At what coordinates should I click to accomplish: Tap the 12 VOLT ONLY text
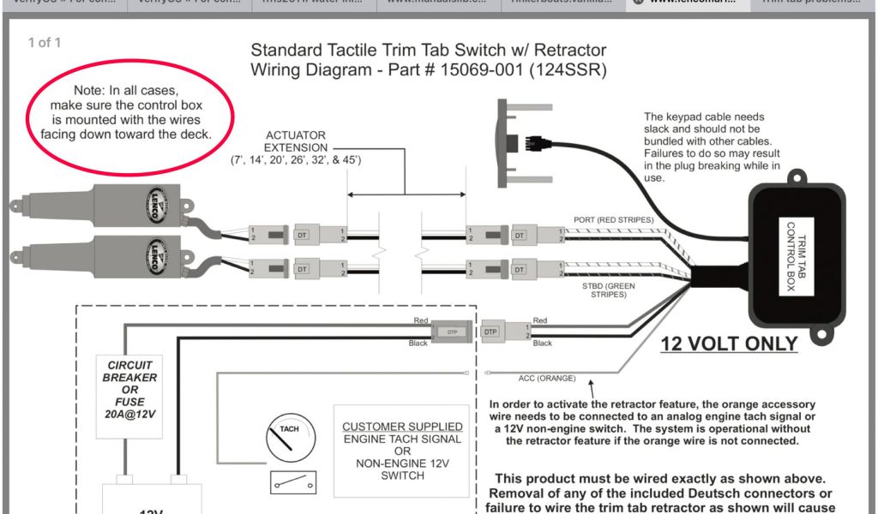(729, 344)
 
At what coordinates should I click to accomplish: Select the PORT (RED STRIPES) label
(613, 219)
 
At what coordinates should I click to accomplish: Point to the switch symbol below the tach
(292, 482)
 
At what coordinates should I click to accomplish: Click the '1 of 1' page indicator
(45, 42)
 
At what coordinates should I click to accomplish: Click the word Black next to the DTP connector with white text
(418, 344)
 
